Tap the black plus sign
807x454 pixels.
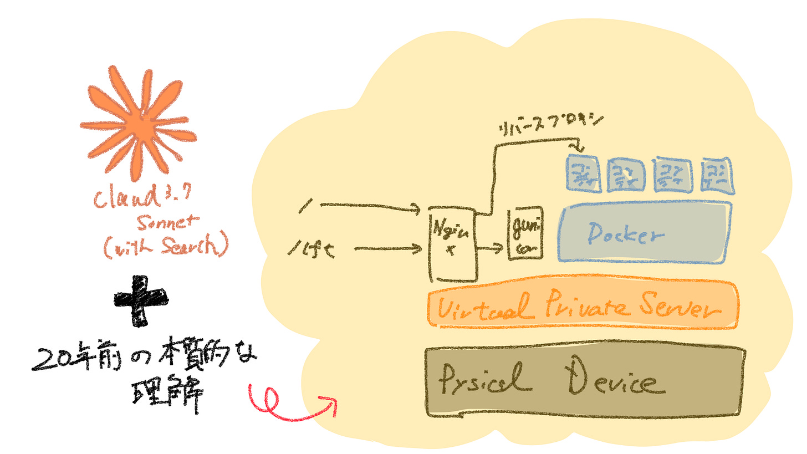pyautogui.click(x=141, y=302)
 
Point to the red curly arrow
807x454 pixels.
pyautogui.click(x=288, y=402)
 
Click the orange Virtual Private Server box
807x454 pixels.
pyautogui.click(x=583, y=305)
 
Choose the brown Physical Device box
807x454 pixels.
pyautogui.click(x=585, y=382)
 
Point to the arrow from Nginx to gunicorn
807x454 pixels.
pyautogui.click(x=491, y=249)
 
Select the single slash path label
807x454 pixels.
pyautogui.click(x=303, y=206)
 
